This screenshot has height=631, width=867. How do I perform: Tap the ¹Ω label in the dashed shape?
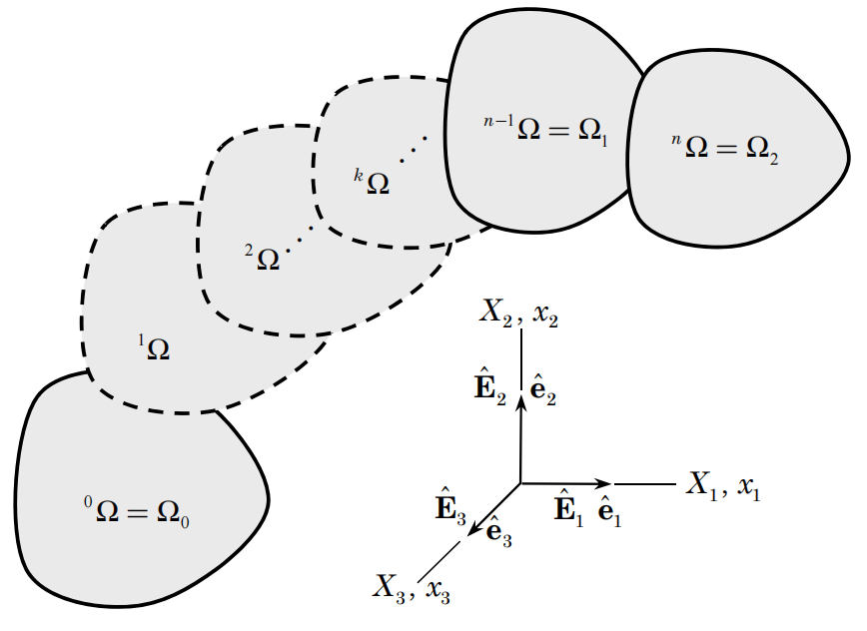(154, 347)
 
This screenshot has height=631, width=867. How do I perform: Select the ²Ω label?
(264, 258)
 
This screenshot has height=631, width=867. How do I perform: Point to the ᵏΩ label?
(371, 183)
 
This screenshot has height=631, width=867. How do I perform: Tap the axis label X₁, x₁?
(723, 487)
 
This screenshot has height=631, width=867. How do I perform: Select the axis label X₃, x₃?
(413, 587)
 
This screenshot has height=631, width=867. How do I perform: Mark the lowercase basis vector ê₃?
(498, 531)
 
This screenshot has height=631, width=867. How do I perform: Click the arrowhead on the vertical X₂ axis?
(520, 399)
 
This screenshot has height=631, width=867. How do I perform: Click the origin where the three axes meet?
(520, 484)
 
